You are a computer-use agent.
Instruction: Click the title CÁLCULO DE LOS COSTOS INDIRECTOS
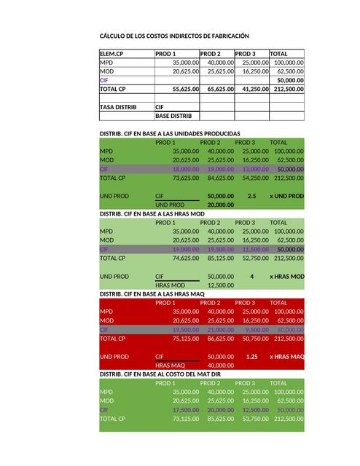point(169,36)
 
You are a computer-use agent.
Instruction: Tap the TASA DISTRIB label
point(118,107)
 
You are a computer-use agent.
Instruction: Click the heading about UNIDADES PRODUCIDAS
point(169,134)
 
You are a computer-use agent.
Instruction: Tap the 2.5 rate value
point(251,196)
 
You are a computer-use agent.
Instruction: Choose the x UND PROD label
point(286,196)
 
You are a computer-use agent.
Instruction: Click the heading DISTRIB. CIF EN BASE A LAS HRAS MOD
point(152,214)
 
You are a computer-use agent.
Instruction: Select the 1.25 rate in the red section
point(252,357)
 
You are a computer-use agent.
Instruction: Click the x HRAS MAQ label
point(286,357)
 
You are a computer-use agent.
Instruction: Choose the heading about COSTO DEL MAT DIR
point(163,374)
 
